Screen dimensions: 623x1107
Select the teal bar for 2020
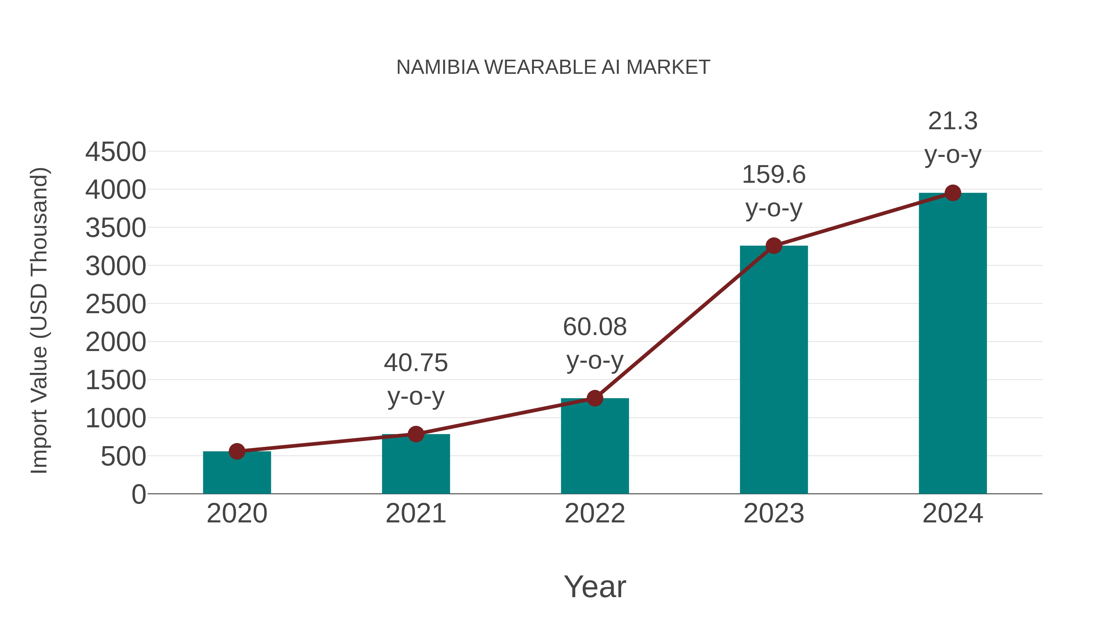pyautogui.click(x=237, y=473)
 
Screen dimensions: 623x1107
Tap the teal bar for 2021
pyautogui.click(x=415, y=464)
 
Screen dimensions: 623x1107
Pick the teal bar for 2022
pyautogui.click(x=594, y=447)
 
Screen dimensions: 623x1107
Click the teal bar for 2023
pyautogui.click(x=774, y=370)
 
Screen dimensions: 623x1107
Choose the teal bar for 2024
pyautogui.click(x=952, y=344)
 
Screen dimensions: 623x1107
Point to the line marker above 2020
pyautogui.click(x=237, y=451)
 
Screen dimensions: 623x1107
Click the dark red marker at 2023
pyautogui.click(x=774, y=246)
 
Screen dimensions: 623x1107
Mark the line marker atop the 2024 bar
pyautogui.click(x=953, y=193)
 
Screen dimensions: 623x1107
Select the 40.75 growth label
pyautogui.click(x=415, y=363)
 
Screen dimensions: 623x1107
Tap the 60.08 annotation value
pyautogui.click(x=594, y=327)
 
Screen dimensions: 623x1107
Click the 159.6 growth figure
pyautogui.click(x=774, y=175)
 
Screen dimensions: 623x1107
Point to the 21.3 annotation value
pyautogui.click(x=953, y=121)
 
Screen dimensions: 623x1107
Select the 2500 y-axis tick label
pyautogui.click(x=116, y=304)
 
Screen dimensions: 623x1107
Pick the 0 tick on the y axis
pyautogui.click(x=138, y=494)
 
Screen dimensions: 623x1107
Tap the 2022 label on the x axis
pyautogui.click(x=594, y=513)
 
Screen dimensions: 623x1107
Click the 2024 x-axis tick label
pyautogui.click(x=952, y=513)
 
